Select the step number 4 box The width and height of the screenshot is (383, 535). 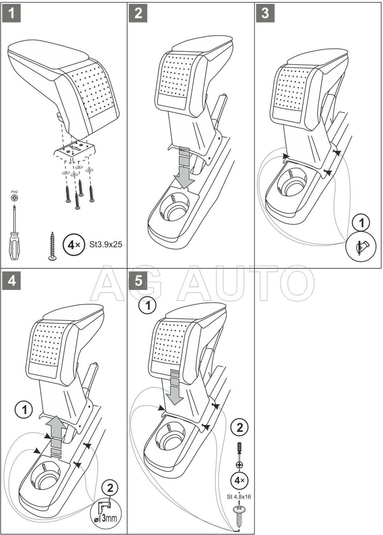pos(11,281)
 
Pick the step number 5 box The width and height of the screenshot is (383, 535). pos(138,281)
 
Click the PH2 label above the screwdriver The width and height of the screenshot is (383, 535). pos(14,192)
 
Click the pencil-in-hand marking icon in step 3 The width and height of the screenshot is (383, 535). pos(362,246)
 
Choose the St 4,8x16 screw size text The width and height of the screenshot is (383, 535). pos(239,496)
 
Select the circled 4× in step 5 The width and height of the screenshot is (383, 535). pos(239,479)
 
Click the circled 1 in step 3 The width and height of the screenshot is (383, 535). pos(362,223)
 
